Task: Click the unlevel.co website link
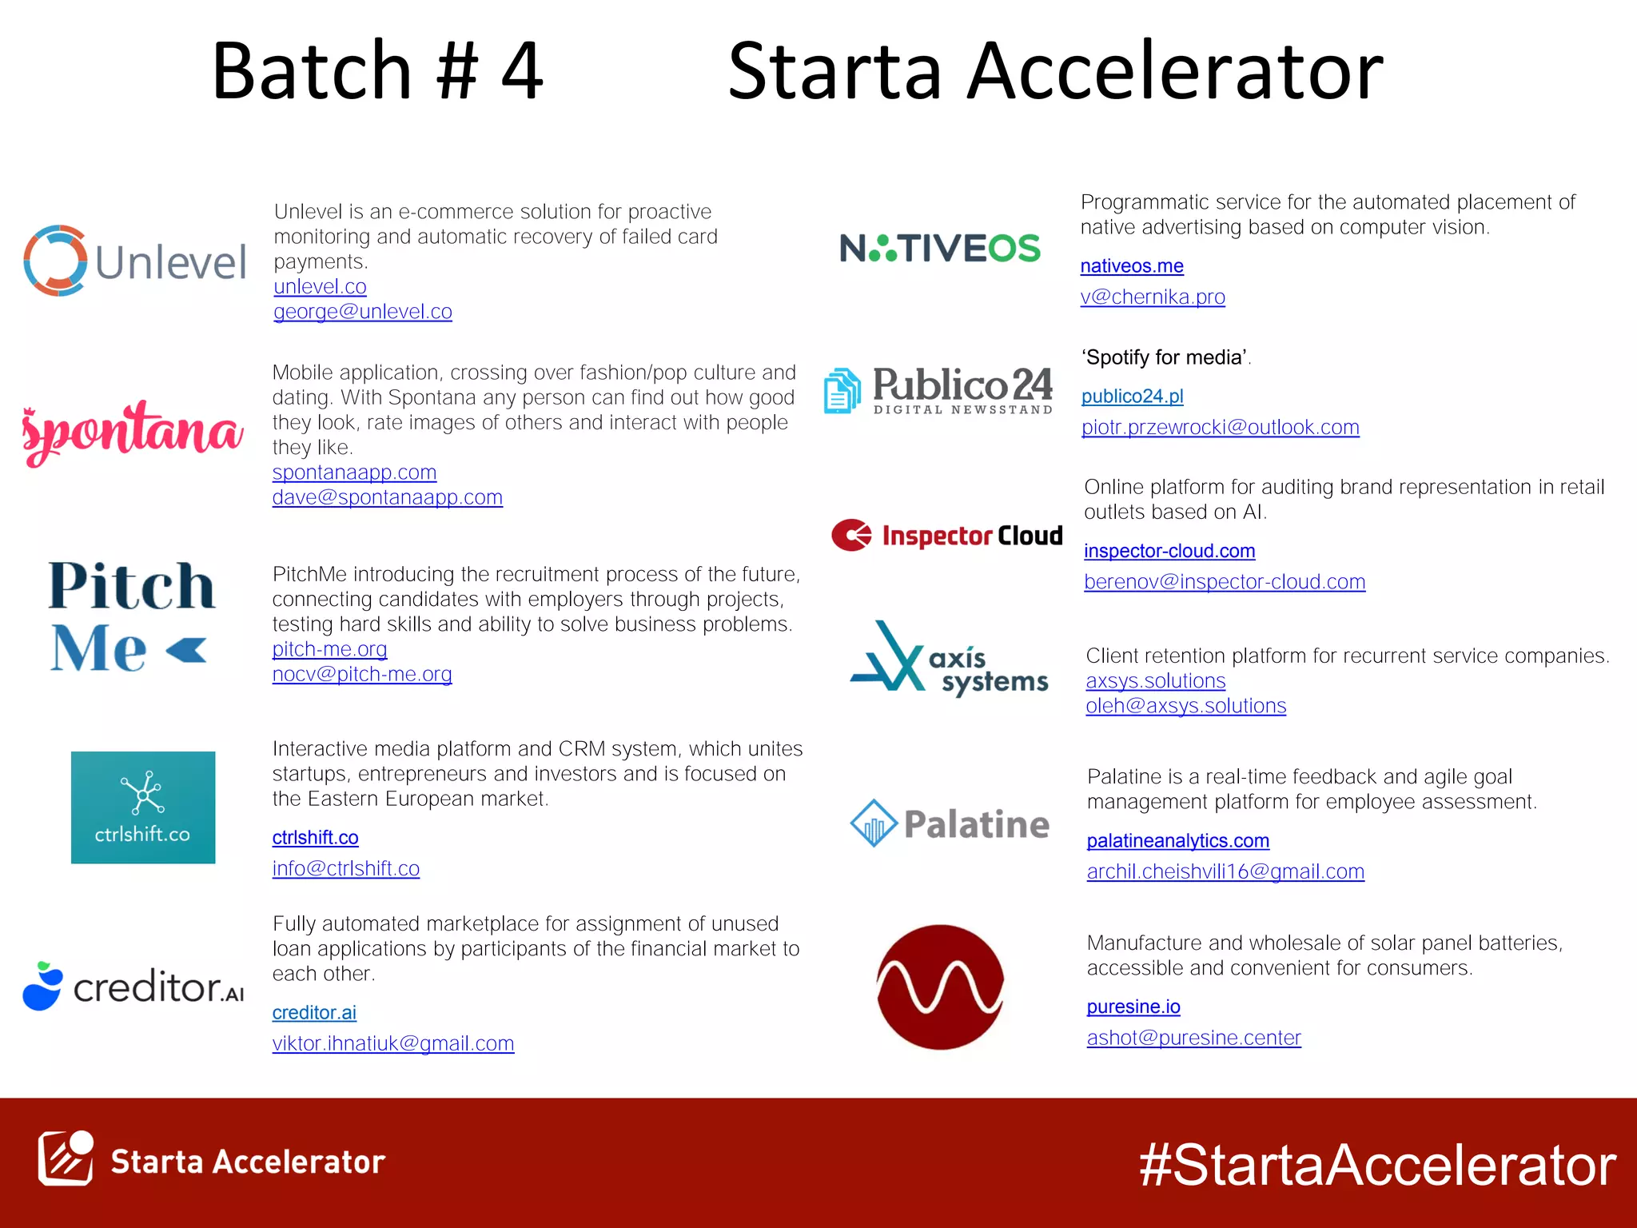[x=320, y=287]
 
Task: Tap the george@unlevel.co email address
[x=362, y=312]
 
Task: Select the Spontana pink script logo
[x=133, y=432]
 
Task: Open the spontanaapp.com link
[x=354, y=472]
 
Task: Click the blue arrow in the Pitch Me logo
[x=187, y=650]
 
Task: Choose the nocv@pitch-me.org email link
[x=361, y=675]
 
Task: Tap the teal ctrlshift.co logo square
[x=143, y=807]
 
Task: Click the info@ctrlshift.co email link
[x=345, y=869]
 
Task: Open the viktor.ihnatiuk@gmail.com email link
[x=392, y=1044]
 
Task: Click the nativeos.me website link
[x=1131, y=266]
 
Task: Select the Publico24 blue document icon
[x=842, y=390]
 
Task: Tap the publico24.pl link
[x=1132, y=397]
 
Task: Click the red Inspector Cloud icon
[x=851, y=536]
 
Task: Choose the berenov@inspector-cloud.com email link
[x=1224, y=582]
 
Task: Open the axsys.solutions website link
[x=1155, y=681]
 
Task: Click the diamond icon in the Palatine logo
[x=873, y=823]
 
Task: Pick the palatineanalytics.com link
[x=1177, y=841]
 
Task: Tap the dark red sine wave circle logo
[x=940, y=987]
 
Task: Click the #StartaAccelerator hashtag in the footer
[x=1377, y=1165]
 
